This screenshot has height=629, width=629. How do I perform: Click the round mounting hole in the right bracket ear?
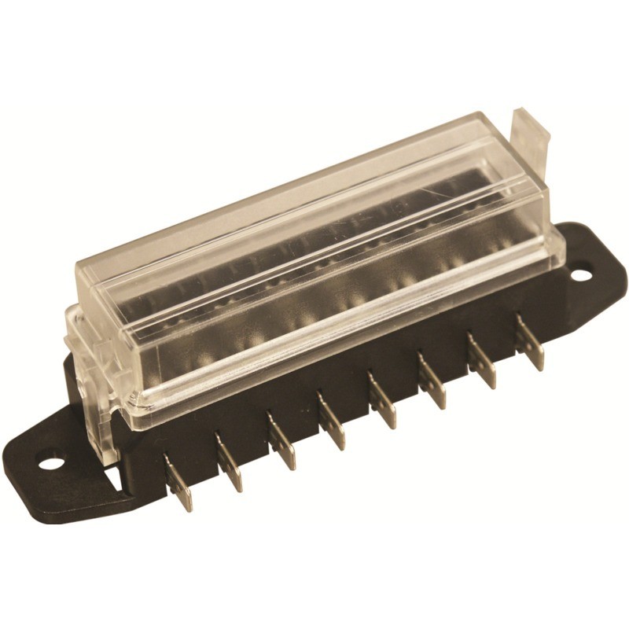click(580, 275)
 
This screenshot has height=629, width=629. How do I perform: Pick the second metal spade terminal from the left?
click(230, 465)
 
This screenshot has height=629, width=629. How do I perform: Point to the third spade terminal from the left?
click(281, 444)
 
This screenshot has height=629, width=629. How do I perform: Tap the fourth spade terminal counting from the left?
click(332, 423)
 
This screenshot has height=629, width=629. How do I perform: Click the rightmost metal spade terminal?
click(531, 344)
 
